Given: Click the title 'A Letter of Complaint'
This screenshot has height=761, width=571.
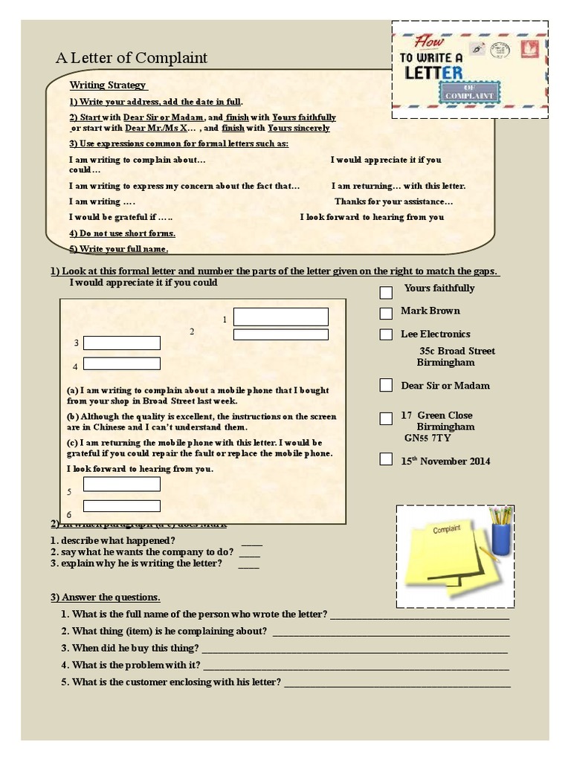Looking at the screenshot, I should pos(132,58).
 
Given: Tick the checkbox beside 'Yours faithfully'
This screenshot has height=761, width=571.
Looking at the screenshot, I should pos(386,292).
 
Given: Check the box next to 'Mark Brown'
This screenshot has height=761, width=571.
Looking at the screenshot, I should pos(386,313).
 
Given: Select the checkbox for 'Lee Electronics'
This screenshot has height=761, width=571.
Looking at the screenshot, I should pos(386,334).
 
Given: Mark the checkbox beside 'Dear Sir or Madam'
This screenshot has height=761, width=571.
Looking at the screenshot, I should pos(386,385).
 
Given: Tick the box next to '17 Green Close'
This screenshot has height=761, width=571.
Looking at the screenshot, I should pos(386,418).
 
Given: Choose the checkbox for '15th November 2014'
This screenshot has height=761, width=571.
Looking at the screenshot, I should pos(386,459).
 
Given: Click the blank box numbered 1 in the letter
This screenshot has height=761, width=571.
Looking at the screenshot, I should pos(280,317).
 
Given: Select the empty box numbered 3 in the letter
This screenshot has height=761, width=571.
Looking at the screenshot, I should pos(122,343).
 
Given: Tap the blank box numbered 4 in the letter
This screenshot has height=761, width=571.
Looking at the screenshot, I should pos(122,363).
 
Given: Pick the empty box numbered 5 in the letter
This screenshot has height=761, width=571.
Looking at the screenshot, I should pos(122,485).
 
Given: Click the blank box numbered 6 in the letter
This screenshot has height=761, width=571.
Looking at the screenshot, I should pos(122,506).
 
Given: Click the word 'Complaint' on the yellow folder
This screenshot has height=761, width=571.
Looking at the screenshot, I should pos(447,528).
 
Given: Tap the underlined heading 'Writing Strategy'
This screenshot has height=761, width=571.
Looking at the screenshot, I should pos(108,85).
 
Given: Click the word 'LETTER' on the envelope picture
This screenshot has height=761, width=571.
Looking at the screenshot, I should pos(433,73).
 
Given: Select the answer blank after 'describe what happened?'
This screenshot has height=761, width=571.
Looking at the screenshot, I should pos(251,541).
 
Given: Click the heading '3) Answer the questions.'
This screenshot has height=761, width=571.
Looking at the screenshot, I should pos(106,598).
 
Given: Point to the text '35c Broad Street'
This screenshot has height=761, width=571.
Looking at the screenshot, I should pos(457,351).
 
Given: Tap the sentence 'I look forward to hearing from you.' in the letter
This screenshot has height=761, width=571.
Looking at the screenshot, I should pos(140,469).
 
